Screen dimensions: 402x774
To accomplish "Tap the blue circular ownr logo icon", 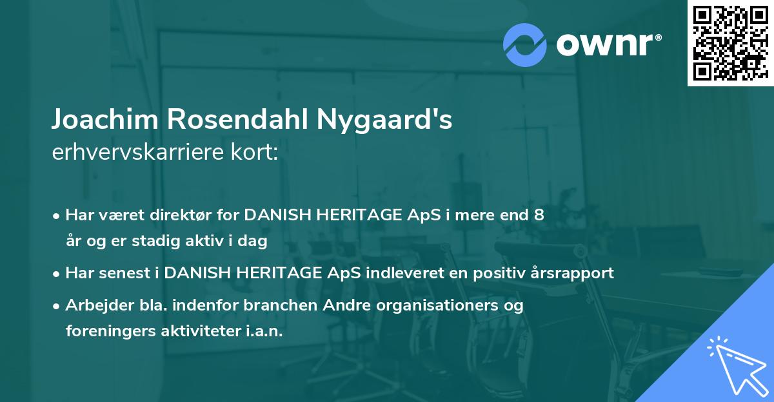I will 524,45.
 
